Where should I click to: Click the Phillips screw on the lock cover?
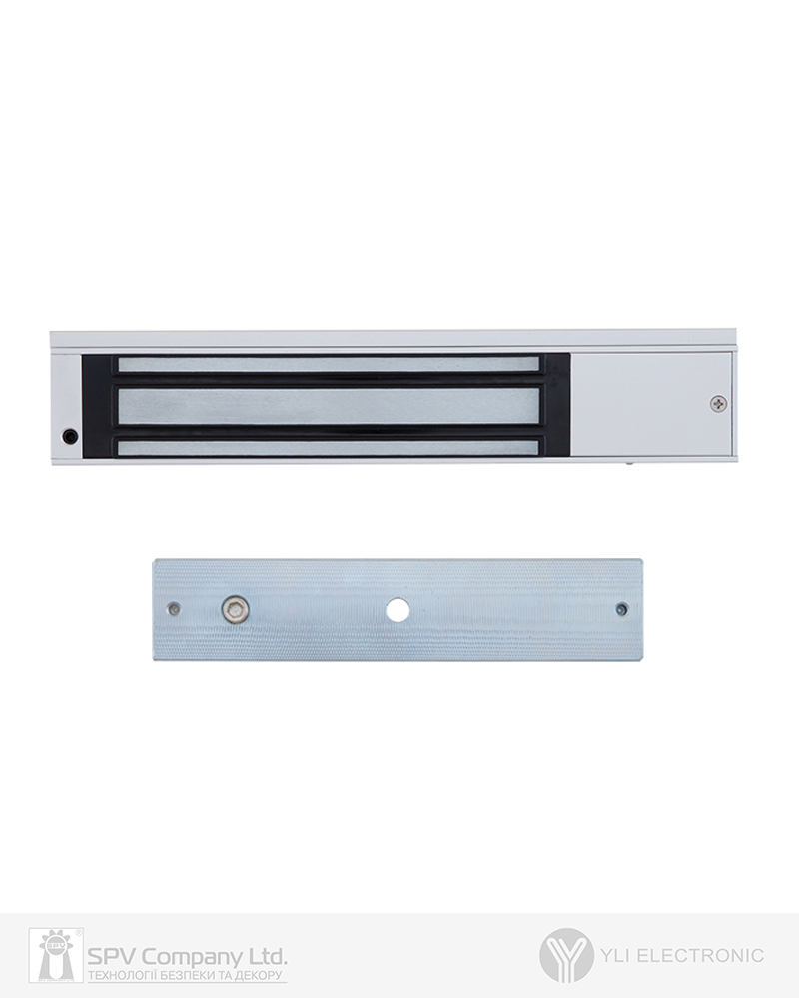(720, 403)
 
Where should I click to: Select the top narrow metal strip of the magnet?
(328, 364)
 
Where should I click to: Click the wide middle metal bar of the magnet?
(328, 406)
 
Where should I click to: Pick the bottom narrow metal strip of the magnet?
(330, 447)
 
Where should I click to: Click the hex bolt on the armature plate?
(235, 610)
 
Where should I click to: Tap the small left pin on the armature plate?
(174, 609)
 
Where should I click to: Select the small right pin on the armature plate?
(621, 609)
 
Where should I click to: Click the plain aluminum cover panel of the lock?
(651, 404)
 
